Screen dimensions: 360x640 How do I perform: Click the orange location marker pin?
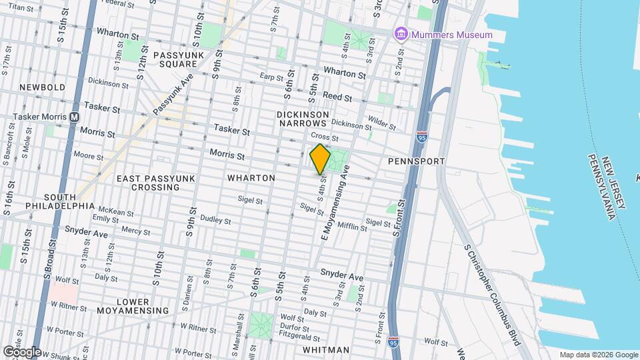320,159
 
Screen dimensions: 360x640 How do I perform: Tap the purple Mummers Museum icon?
400,34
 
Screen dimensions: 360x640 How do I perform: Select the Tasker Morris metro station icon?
74,116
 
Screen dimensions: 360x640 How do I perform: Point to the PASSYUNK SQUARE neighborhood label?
175,59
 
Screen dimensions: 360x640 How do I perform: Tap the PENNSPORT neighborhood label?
416,162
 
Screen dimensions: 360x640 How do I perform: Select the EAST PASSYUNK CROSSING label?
148,183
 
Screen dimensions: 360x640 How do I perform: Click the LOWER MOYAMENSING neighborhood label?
133,306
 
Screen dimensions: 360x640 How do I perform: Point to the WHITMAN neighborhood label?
326,350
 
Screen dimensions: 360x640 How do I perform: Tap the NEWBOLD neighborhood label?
42,87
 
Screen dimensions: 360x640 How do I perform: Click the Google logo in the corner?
21,351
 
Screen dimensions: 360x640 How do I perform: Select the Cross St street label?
326,138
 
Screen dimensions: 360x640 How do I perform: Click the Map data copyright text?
598,355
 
